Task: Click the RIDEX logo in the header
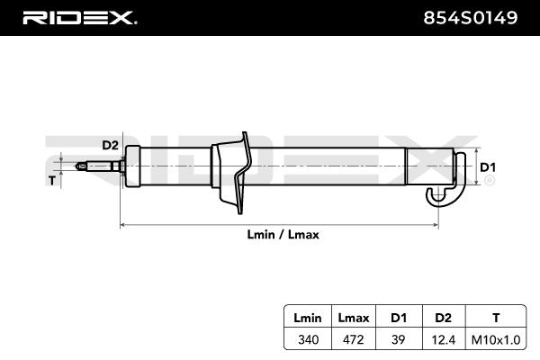tap(78, 17)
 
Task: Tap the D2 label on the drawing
tap(109, 145)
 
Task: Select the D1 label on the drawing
tap(487, 167)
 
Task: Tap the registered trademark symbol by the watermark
tap(489, 180)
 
